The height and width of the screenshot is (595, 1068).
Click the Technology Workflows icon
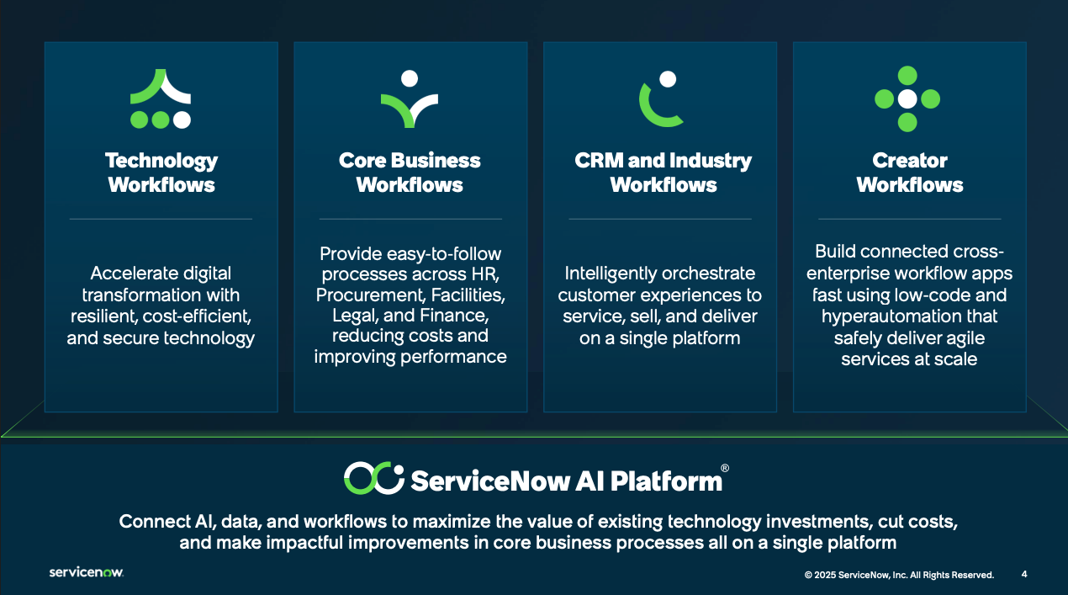click(161, 99)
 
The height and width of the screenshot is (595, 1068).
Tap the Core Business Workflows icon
click(410, 99)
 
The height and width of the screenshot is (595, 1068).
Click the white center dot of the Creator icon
click(907, 99)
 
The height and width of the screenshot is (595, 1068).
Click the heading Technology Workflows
click(161, 173)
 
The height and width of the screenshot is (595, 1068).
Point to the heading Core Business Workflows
click(410, 173)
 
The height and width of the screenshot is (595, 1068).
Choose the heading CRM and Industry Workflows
click(664, 173)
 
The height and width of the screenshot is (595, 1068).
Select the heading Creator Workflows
click(910, 173)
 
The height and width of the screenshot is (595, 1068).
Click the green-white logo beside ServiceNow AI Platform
click(373, 478)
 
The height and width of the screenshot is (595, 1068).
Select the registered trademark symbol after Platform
click(725, 468)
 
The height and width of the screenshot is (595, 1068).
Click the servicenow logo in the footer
click(86, 572)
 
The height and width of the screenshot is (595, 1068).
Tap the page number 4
click(1024, 575)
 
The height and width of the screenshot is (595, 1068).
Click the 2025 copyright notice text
click(899, 575)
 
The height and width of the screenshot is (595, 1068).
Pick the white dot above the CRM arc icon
click(668, 79)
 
